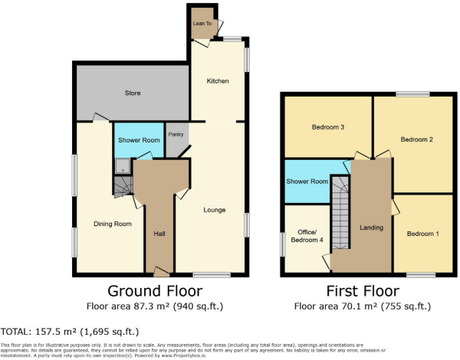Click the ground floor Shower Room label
(x=139, y=140)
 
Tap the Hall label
(x=159, y=234)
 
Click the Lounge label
(x=214, y=209)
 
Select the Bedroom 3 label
(x=327, y=127)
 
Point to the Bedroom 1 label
(x=422, y=234)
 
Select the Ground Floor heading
(x=155, y=291)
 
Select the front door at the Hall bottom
(x=160, y=270)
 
